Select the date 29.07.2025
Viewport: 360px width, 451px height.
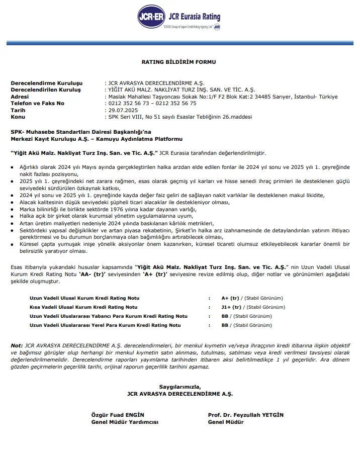(x=123, y=110)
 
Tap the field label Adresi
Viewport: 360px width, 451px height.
(x=20, y=97)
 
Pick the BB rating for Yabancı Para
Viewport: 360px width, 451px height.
(x=225, y=316)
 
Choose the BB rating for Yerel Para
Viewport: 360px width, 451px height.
(x=225, y=325)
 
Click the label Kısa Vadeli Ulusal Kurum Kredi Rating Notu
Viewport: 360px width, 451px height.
(x=83, y=307)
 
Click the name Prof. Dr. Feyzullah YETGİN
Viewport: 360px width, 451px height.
(x=246, y=415)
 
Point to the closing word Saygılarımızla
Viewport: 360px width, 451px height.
(x=179, y=387)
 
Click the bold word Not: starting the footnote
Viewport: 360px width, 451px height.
(x=17, y=345)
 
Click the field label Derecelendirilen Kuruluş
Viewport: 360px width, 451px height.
(x=46, y=89)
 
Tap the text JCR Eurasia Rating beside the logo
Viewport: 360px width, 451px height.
(x=194, y=17)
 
